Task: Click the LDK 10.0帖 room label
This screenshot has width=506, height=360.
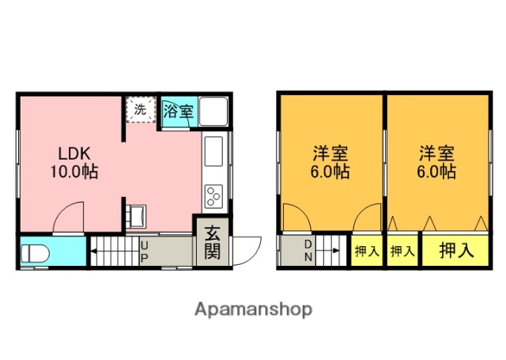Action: [74, 161]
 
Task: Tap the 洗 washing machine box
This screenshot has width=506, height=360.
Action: [140, 110]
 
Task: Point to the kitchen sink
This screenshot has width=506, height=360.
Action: [214, 150]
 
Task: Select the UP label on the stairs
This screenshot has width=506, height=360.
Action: [144, 252]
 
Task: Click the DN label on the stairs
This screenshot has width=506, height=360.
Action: [309, 251]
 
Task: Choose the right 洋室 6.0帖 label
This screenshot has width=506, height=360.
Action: [436, 161]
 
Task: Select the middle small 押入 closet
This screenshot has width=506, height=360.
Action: [402, 252]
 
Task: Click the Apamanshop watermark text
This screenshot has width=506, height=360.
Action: [253, 309]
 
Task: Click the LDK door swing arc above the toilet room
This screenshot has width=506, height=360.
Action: [70, 216]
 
